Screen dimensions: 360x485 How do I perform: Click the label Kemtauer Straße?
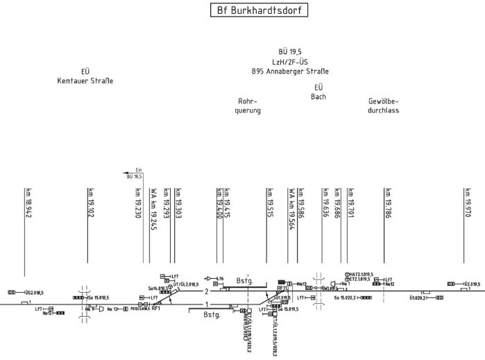(85, 81)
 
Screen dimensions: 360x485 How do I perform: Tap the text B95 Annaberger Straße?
(290, 71)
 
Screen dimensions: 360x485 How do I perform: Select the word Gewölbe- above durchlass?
(387, 101)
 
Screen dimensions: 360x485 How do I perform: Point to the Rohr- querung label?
(249, 105)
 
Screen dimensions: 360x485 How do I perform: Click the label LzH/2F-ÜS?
(290, 62)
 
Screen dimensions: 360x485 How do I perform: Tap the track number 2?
(207, 291)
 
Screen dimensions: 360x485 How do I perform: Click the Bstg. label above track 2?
(245, 281)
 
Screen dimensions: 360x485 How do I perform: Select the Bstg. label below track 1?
(212, 314)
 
